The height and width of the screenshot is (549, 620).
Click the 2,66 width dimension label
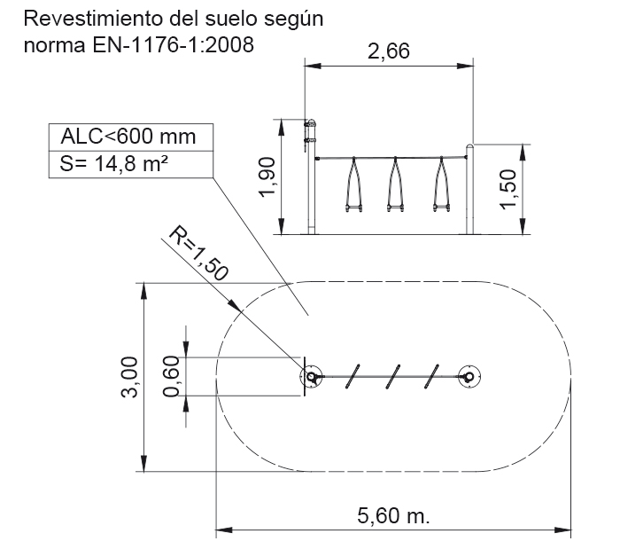[389, 51]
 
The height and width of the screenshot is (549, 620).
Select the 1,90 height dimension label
[267, 176]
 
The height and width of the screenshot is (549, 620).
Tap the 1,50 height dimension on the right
[508, 189]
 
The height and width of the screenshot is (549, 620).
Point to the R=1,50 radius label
[199, 254]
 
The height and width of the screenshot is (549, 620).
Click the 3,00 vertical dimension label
[129, 377]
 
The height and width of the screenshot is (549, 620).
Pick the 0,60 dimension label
[172, 376]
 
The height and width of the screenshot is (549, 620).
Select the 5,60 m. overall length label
[393, 515]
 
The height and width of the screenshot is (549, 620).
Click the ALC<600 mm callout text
[128, 137]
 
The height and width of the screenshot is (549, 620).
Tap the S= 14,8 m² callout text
[114, 164]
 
